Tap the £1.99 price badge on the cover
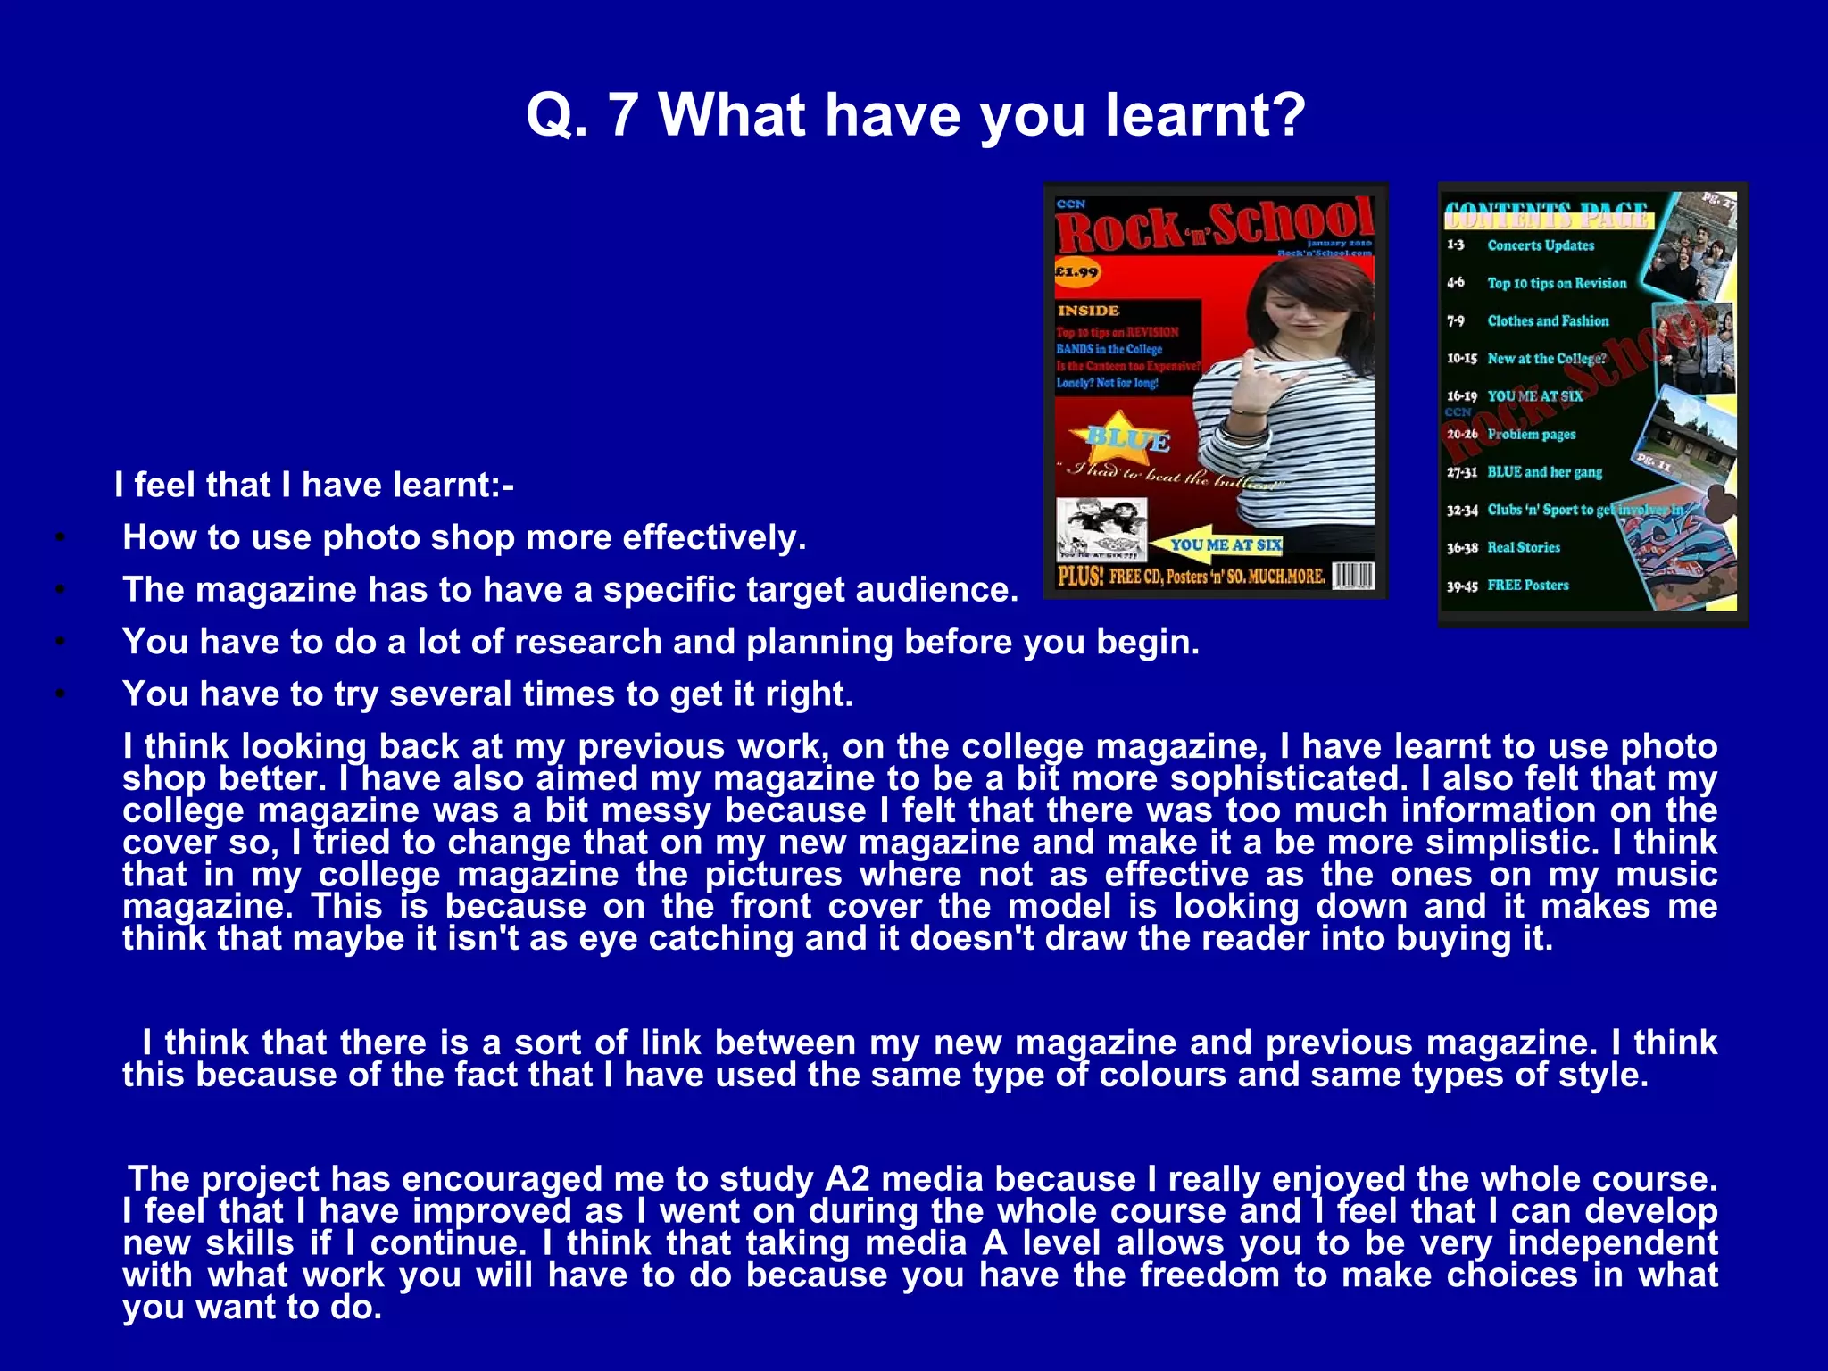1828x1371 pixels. (x=1076, y=272)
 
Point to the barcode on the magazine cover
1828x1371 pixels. (x=1353, y=577)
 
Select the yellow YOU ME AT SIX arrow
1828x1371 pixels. (x=1219, y=544)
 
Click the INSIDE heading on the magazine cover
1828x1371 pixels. (x=1088, y=311)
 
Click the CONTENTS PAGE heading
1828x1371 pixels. (x=1546, y=214)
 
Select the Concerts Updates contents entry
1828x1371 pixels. (x=1540, y=245)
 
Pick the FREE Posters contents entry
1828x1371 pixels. (x=1527, y=586)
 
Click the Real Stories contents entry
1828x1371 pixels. (x=1524, y=548)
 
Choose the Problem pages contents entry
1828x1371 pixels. (x=1531, y=435)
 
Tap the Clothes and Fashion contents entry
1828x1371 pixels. (x=1548, y=321)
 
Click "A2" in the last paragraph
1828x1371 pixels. (x=846, y=1179)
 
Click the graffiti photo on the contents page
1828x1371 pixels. (x=1669, y=562)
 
